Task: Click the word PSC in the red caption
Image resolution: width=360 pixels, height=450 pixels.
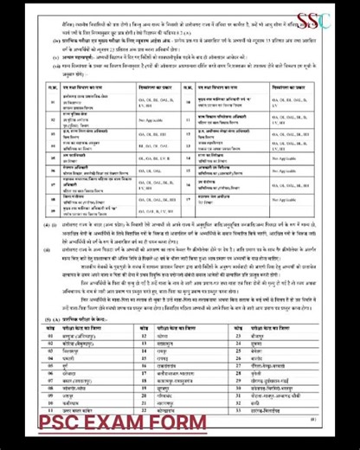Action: coord(63,423)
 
